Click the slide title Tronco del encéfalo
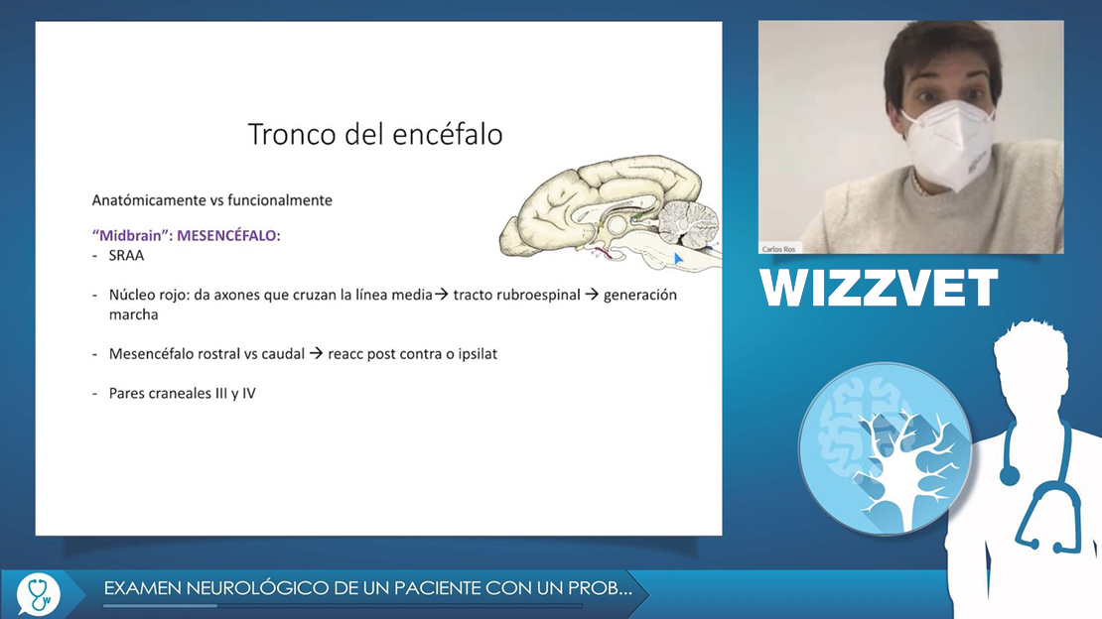(375, 134)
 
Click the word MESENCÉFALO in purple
(228, 235)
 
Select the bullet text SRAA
(126, 256)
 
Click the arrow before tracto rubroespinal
(442, 295)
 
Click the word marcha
(134, 314)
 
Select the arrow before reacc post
(317, 353)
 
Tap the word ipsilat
(478, 353)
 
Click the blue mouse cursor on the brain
(677, 259)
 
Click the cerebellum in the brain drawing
(688, 222)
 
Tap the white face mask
(950, 143)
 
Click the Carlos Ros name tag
(778, 249)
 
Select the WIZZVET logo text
(879, 288)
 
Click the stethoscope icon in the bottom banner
(39, 594)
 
